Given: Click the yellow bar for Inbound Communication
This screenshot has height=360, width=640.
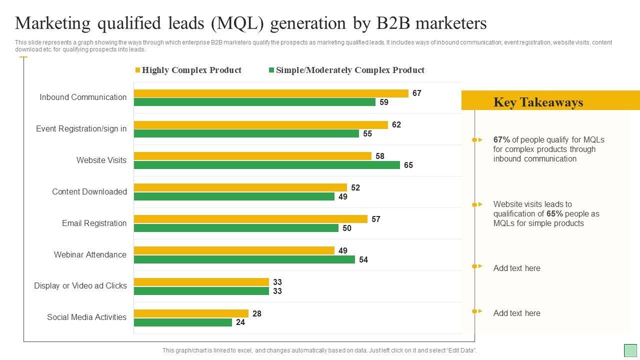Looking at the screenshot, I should tap(271, 93).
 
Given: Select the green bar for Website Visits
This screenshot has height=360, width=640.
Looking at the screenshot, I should tap(267, 165).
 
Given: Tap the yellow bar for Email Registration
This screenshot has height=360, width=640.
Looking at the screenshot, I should tap(250, 219).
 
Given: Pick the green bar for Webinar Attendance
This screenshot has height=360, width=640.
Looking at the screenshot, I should tap(244, 259).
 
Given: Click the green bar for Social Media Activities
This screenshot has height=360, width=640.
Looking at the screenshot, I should tap(183, 322).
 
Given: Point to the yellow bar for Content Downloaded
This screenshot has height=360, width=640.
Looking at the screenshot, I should tap(240, 187).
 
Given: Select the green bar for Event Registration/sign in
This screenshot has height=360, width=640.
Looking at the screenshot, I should tap(246, 133).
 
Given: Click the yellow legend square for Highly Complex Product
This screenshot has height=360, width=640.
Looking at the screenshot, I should tap(137, 70).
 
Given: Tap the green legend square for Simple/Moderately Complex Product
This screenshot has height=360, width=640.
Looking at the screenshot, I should tap(271, 70).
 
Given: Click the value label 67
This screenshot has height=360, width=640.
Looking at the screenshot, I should tap(417, 93).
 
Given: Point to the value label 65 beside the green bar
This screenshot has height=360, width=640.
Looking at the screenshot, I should tap(408, 165).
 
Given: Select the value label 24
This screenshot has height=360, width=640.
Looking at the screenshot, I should tap(240, 322).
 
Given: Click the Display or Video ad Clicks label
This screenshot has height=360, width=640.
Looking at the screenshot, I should tap(80, 285).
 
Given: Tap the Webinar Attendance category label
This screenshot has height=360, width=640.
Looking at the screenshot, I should tap(90, 254).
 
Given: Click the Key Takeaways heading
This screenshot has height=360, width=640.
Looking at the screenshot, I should tap(538, 102).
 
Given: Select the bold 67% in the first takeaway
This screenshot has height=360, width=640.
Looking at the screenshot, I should tap(501, 140).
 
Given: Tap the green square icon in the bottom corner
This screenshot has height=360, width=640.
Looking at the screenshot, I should tap(630, 350).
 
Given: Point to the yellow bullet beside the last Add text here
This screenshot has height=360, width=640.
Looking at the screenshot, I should tap(474, 311).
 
